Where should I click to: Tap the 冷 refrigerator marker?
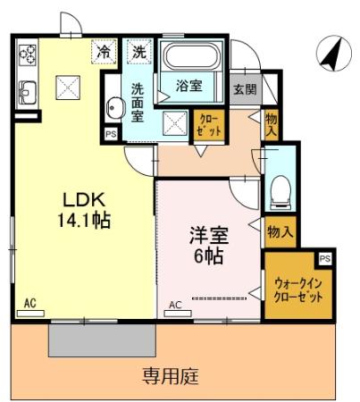[x=105, y=51]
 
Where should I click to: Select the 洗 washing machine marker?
[x=139, y=51]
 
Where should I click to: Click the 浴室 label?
[x=188, y=88]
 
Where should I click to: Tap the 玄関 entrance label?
[x=245, y=89]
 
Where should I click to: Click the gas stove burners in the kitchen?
[x=26, y=54]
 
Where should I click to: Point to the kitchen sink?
[x=26, y=89]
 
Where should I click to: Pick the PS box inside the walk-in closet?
[x=324, y=258]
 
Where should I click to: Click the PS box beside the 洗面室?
[x=111, y=134]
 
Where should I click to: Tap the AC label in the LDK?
[x=29, y=302]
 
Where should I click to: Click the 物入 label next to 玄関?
[x=271, y=122]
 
